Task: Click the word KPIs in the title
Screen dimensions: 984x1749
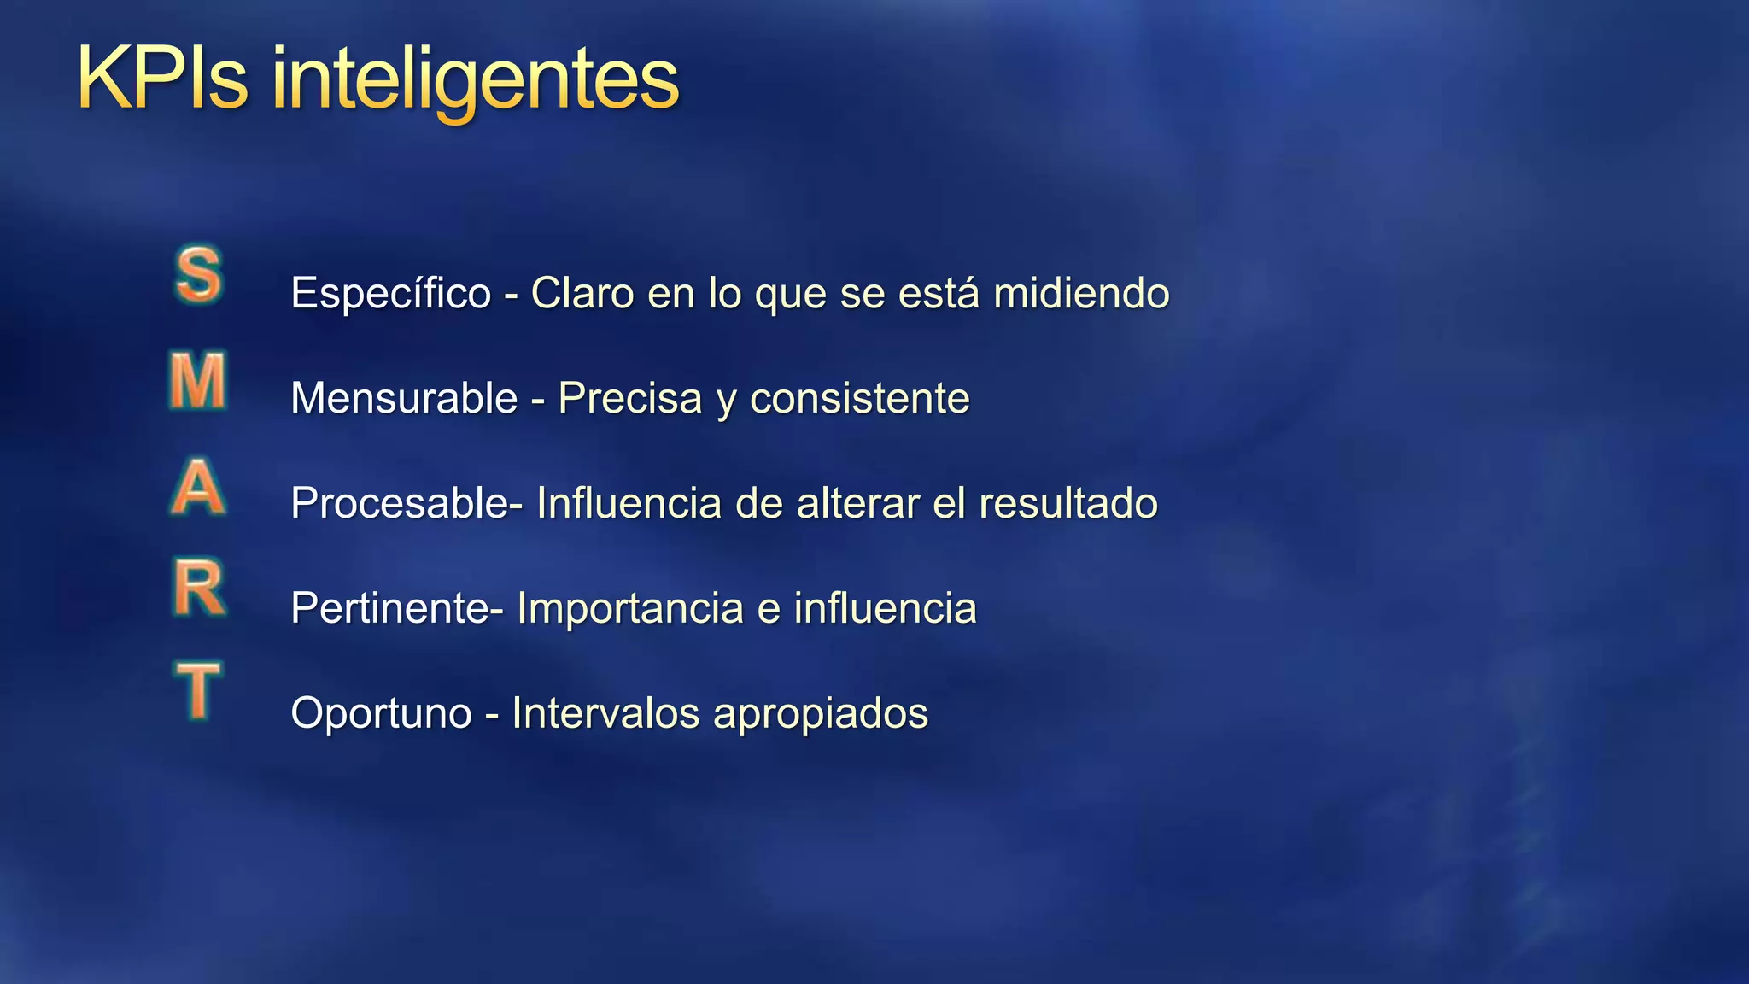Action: (x=162, y=79)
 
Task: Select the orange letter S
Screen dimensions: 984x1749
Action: (x=199, y=275)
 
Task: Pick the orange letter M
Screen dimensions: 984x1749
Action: (x=198, y=382)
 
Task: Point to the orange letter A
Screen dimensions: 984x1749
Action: (x=198, y=487)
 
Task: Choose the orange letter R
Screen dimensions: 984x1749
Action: (x=199, y=589)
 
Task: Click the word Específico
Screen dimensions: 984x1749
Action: (x=391, y=294)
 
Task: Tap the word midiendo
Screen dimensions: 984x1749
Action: (x=1081, y=294)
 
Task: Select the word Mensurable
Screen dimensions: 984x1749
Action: (x=404, y=398)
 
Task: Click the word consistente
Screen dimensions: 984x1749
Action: (x=859, y=398)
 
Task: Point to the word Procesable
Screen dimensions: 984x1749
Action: (x=400, y=503)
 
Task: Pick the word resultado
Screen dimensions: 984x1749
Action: (x=1068, y=503)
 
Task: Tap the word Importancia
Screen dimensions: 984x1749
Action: (x=630, y=608)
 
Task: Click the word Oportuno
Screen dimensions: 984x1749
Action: (x=381, y=713)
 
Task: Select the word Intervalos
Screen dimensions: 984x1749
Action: (x=605, y=713)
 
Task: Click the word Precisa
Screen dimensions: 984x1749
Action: (x=629, y=398)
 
